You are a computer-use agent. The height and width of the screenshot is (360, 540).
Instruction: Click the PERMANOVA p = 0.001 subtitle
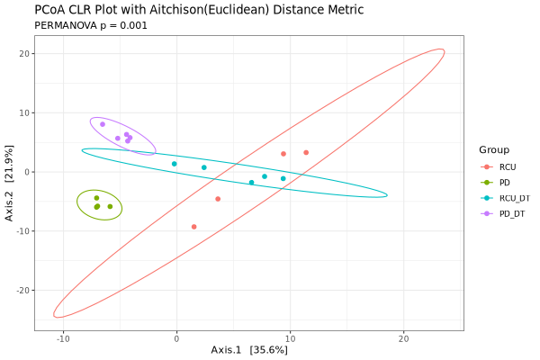coord(91,25)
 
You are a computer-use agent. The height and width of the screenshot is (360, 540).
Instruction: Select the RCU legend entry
coord(508,166)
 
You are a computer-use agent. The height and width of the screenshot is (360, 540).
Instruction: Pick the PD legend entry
coord(504,182)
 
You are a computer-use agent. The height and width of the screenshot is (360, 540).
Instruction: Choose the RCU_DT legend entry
coord(514,197)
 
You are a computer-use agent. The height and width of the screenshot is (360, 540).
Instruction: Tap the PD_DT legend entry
coord(511,213)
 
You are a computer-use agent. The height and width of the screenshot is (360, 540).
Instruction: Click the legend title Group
coord(494,149)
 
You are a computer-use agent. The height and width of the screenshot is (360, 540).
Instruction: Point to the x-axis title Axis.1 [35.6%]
coord(249,349)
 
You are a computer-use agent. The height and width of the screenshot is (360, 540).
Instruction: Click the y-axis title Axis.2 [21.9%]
coord(10,184)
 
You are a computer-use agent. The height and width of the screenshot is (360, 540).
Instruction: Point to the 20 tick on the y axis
coord(26,54)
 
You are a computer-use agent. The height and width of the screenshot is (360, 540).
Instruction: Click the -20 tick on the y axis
coord(24,291)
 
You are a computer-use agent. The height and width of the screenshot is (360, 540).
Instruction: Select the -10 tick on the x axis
coord(63,338)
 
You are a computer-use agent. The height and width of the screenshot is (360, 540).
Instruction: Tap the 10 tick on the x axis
coord(290,338)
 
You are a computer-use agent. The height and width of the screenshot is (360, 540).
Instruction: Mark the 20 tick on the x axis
coord(403,338)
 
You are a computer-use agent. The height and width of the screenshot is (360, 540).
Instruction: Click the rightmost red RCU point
coord(306,153)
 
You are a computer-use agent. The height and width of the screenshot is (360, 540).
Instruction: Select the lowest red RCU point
coord(194,227)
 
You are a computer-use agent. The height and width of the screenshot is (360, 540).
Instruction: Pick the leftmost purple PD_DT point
coord(103,124)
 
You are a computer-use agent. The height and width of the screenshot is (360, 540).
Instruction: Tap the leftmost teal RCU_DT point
coord(175,164)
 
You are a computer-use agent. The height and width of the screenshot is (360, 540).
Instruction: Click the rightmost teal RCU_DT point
coord(283,178)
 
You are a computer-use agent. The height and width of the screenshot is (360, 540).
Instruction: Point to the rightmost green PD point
coord(111,206)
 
